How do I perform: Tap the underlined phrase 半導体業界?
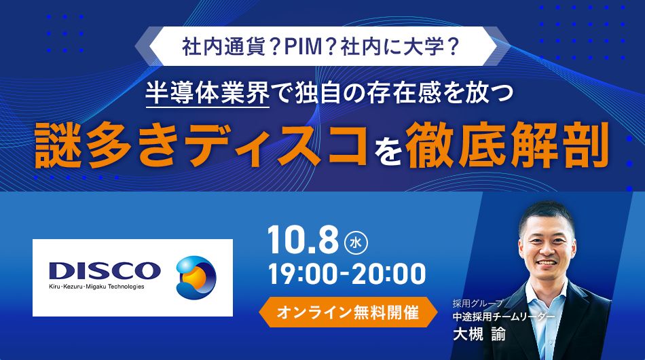[208, 93]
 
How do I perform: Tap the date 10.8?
[303, 240]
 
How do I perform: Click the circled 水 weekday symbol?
[356, 242]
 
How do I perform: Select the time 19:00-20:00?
[347, 274]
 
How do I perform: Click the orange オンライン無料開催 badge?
[348, 312]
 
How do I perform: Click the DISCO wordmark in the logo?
[105, 271]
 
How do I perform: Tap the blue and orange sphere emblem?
[196, 277]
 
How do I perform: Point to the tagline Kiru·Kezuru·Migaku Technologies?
[96, 287]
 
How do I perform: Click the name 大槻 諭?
[479, 334]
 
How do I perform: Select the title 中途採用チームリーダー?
[504, 317]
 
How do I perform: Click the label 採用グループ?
[477, 304]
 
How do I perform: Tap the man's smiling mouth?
[546, 262]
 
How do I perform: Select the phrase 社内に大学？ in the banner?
[400, 46]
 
